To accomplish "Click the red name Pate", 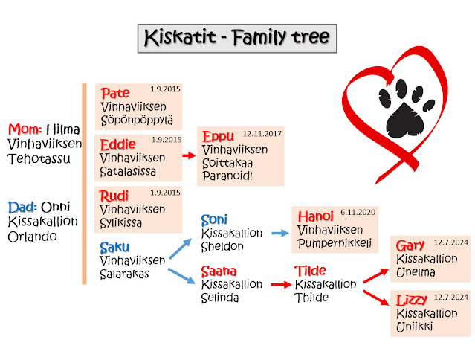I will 114,94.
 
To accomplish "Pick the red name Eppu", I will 217,137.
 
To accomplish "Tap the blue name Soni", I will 215,220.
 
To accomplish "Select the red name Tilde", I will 310,271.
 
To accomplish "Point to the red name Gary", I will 410,245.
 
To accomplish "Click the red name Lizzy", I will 413,300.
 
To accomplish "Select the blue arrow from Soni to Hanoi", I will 279,233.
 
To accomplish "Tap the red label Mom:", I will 25,129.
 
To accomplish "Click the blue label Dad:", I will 22,207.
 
